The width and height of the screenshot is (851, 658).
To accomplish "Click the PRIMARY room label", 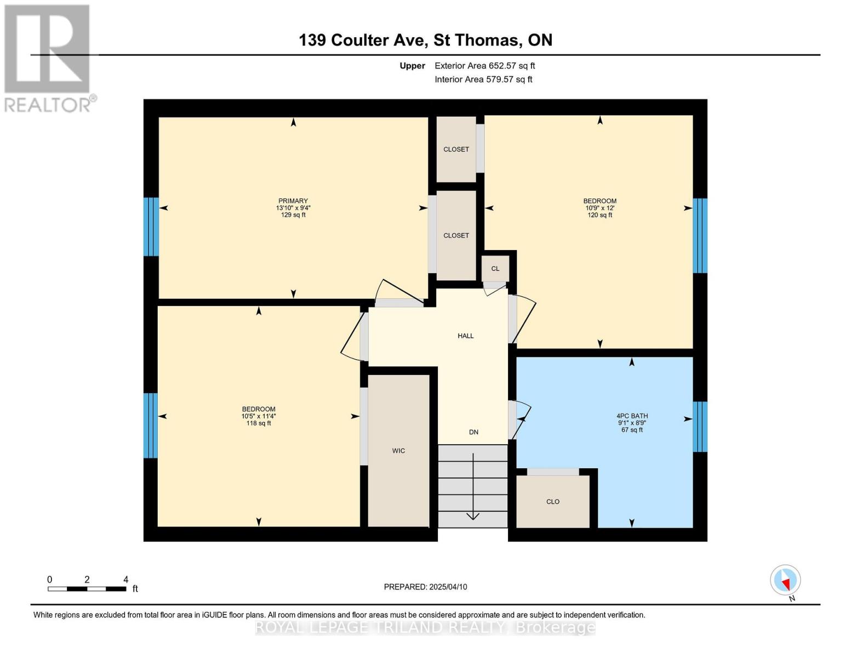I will pyautogui.click(x=293, y=201).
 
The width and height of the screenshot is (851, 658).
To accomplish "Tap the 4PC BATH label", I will pyautogui.click(x=632, y=416).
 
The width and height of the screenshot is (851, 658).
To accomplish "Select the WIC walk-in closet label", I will pyautogui.click(x=398, y=451).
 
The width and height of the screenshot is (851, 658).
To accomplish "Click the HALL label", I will pyautogui.click(x=465, y=336).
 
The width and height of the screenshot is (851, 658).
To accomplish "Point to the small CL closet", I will pyautogui.click(x=495, y=269).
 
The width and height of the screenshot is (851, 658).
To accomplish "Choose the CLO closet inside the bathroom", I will pyautogui.click(x=553, y=502).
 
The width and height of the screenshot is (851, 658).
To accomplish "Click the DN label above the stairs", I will pyautogui.click(x=473, y=432).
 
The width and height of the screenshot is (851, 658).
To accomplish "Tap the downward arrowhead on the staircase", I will pyautogui.click(x=473, y=515).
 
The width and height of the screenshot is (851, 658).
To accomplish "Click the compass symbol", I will pyautogui.click(x=785, y=580).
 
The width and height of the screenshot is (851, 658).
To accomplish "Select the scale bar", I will pyautogui.click(x=87, y=589).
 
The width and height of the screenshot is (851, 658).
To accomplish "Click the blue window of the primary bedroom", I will pyautogui.click(x=151, y=226).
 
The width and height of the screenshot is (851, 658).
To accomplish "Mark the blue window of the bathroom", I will pyautogui.click(x=700, y=427).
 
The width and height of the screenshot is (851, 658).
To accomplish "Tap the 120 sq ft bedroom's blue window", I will pyautogui.click(x=700, y=236).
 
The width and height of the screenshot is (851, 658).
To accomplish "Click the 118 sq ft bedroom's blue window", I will pyautogui.click(x=150, y=425).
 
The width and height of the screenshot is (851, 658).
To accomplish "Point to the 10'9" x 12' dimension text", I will pyautogui.click(x=599, y=208).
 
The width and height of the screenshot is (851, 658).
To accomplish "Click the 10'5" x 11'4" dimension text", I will pyautogui.click(x=259, y=416).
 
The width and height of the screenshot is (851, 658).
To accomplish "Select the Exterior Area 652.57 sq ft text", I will pyautogui.click(x=484, y=66).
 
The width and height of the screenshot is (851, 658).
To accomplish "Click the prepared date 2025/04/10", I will pyautogui.click(x=425, y=587).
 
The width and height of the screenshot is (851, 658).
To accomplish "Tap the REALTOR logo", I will pyautogui.click(x=48, y=58).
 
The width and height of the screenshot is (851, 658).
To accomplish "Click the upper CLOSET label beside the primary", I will pyautogui.click(x=456, y=149).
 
